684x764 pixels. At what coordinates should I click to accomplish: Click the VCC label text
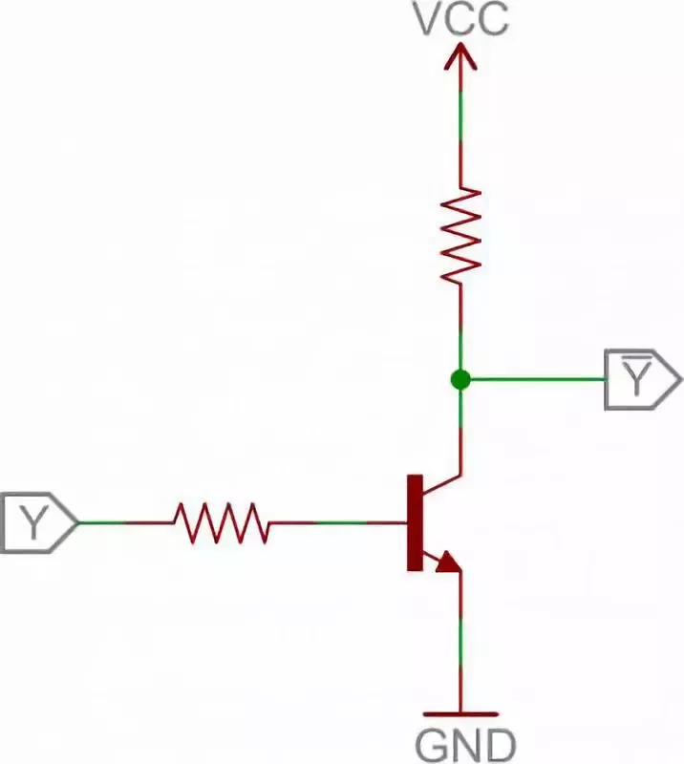tap(460, 18)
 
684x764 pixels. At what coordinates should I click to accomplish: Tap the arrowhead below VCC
tap(460, 59)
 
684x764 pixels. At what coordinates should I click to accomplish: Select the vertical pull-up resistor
tap(460, 235)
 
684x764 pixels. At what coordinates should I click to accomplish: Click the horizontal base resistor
tap(221, 522)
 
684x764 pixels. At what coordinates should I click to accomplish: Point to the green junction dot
tap(460, 379)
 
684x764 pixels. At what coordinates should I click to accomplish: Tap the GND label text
tap(466, 743)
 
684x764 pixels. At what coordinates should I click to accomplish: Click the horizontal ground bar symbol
tap(460, 713)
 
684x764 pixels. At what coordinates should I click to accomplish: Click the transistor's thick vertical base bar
tap(415, 522)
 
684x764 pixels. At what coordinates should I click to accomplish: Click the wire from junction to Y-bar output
tap(535, 379)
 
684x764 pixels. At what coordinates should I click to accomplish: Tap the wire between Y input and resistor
tap(124, 522)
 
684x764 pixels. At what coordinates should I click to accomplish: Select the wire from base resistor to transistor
tap(334, 522)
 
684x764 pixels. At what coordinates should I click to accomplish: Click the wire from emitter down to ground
tap(460, 640)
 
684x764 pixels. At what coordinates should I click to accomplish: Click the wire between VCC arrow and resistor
tap(460, 134)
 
